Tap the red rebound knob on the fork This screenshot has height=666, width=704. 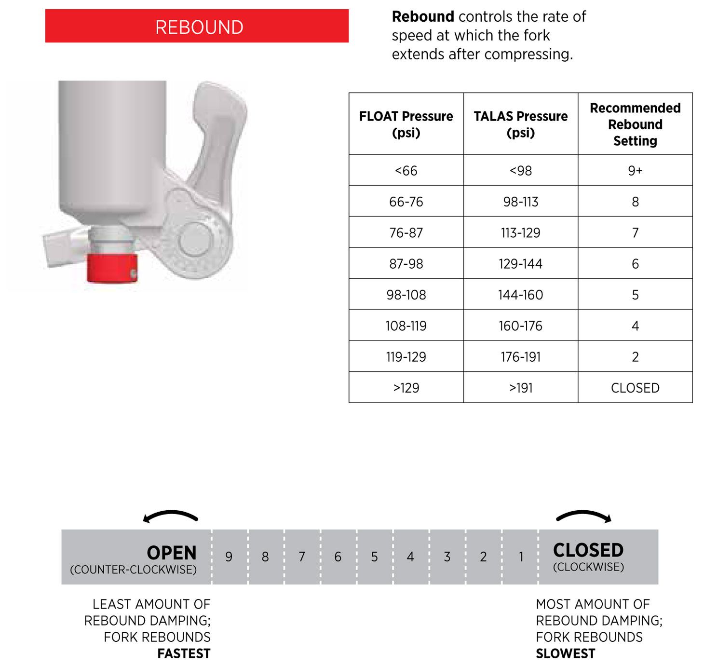pos(111,268)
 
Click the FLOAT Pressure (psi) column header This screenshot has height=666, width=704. pos(406,124)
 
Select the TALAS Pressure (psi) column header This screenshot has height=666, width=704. pos(520,124)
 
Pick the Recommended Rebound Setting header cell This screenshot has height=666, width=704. pos(635,124)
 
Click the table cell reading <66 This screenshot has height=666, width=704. pos(406,171)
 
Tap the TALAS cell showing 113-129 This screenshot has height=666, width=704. pos(520,233)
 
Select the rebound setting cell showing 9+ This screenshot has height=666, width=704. pos(635,171)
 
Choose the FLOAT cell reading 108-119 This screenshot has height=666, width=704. pos(406,326)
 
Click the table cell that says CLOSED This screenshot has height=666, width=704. pos(635,388)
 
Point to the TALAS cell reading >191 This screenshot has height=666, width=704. pos(520,388)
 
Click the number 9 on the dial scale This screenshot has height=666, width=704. pos(229,557)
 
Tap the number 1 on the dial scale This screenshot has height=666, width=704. pos(521,557)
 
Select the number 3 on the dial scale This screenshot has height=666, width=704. pos(447,557)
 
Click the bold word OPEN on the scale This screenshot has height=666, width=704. pos(172,553)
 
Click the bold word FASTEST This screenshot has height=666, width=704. pos(184,653)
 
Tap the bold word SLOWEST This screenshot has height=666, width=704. pos(565,653)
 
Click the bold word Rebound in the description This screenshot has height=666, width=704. pos(423,17)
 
